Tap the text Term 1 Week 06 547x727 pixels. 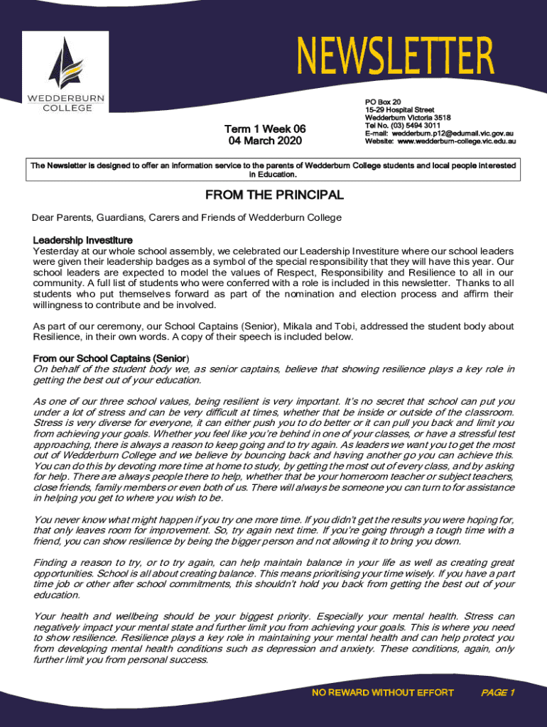pos(265,129)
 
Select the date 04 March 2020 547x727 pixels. pos(265,141)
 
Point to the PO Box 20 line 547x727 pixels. pos(383,102)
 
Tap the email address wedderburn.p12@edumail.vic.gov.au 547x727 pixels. pos(454,133)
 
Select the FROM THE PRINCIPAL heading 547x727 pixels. pos(274,195)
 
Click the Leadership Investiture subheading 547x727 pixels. pos(82,240)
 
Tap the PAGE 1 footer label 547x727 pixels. pos(497,693)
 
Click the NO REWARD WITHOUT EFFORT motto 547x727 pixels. pos(383,693)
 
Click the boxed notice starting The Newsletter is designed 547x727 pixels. pos(273,168)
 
